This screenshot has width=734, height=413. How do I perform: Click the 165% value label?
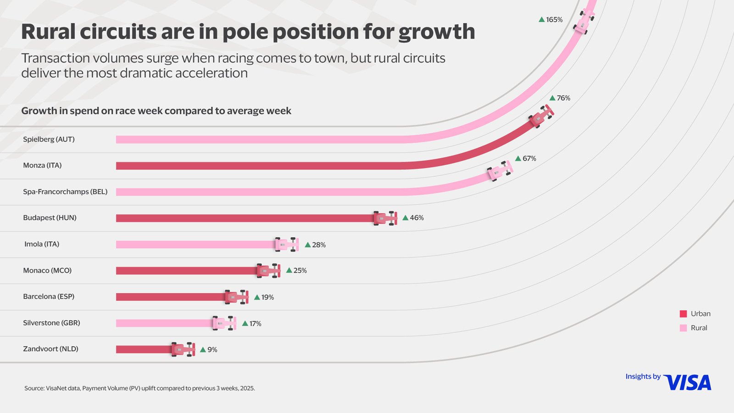pyautogui.click(x=554, y=20)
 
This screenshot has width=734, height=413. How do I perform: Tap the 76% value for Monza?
pyautogui.click(x=563, y=98)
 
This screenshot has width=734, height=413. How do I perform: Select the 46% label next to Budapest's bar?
pyautogui.click(x=417, y=218)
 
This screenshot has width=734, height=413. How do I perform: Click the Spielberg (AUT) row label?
pyautogui.click(x=49, y=139)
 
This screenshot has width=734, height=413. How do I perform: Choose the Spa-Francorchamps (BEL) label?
pyautogui.click(x=65, y=192)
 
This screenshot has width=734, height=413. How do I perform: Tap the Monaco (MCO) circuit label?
pyautogui.click(x=47, y=271)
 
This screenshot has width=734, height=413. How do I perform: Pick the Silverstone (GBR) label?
pyautogui.click(x=51, y=323)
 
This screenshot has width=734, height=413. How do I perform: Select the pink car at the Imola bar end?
pyautogui.click(x=287, y=245)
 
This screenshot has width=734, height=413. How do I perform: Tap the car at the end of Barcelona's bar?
pyautogui.click(x=237, y=297)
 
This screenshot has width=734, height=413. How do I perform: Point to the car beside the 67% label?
pyautogui.click(x=500, y=171)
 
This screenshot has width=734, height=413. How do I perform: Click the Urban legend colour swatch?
pyautogui.click(x=683, y=314)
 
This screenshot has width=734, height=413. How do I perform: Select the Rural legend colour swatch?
pyautogui.click(x=683, y=328)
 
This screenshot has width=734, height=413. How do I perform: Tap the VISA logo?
pyautogui.click(x=687, y=383)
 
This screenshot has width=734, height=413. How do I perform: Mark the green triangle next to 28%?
pyautogui.click(x=308, y=245)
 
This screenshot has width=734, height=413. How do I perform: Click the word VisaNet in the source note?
pyautogui.click(x=56, y=388)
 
